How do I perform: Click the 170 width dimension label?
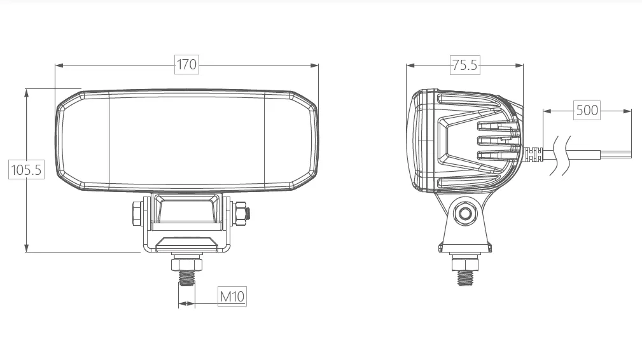click(x=186, y=64)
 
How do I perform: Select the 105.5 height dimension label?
click(x=26, y=170)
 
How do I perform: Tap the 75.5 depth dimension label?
click(x=464, y=65)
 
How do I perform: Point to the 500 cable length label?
click(x=587, y=110)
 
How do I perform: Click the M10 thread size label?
click(x=232, y=296)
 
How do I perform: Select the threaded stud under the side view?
click(x=465, y=278)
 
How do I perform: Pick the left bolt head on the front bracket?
click(x=137, y=213)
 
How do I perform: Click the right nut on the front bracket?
click(x=240, y=213)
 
